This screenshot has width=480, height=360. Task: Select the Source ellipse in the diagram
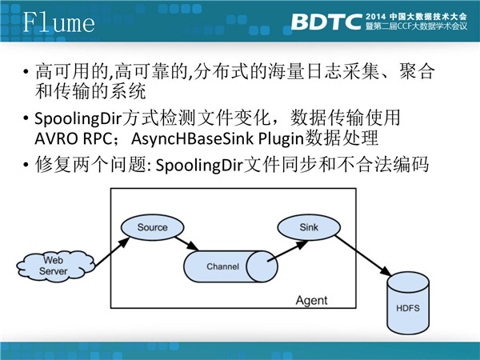click(152, 227)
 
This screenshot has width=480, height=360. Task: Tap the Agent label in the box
click(311, 301)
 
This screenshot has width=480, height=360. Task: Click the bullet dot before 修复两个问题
click(28, 167)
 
